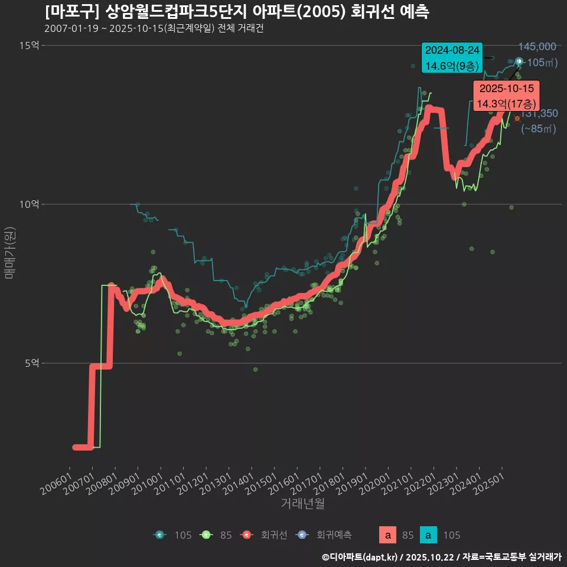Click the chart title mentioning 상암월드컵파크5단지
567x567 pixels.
tap(236, 11)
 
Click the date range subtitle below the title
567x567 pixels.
tap(154, 28)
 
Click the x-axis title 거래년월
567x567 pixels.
tap(302, 503)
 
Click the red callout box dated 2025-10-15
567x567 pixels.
tap(506, 96)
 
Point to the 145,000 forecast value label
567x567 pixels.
tap(537, 47)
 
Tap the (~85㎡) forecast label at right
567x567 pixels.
tap(538, 129)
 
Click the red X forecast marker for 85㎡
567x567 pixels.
tap(517, 119)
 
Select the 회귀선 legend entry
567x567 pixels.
tap(266, 535)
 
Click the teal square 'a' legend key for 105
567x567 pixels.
tap(428, 535)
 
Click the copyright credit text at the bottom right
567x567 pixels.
tap(441, 557)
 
